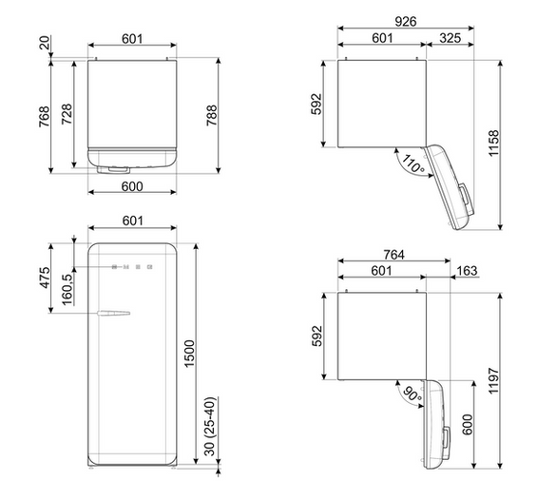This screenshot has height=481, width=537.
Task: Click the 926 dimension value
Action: point(406,22)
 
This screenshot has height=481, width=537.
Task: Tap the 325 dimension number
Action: point(450,38)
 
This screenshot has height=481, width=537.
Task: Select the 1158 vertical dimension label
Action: point(493,144)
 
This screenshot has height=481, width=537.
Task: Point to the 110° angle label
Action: point(413,164)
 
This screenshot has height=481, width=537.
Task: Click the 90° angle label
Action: point(412,394)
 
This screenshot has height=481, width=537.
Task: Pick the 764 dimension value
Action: point(393,255)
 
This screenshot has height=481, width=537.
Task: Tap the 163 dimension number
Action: point(467,271)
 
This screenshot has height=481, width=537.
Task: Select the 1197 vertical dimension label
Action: point(493,381)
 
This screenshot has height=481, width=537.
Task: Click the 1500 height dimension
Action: point(189,354)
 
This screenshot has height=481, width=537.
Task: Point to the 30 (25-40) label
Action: point(210,427)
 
